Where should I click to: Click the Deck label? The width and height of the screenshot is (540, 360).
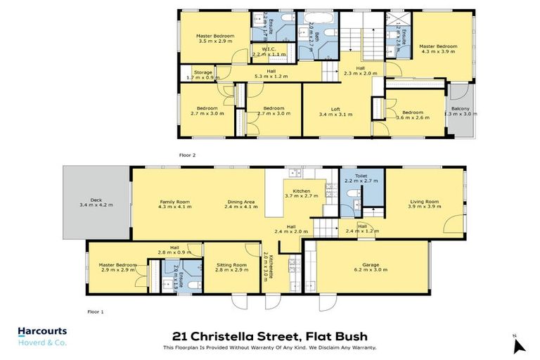click(x=96, y=202)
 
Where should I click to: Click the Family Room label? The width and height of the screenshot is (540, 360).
click(x=174, y=205)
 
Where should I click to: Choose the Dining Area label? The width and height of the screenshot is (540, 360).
click(x=240, y=205)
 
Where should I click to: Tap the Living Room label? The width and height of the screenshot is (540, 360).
click(x=425, y=205)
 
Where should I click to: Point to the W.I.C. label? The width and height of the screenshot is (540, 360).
click(x=269, y=51)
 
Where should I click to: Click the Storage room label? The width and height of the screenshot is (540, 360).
click(x=203, y=73)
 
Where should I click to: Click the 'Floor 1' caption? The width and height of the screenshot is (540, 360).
click(x=95, y=311)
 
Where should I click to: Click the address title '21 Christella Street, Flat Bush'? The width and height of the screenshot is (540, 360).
click(x=269, y=337)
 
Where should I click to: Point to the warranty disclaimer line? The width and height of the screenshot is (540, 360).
click(x=269, y=347)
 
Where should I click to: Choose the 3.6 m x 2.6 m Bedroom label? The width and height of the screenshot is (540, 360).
click(x=412, y=115)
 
